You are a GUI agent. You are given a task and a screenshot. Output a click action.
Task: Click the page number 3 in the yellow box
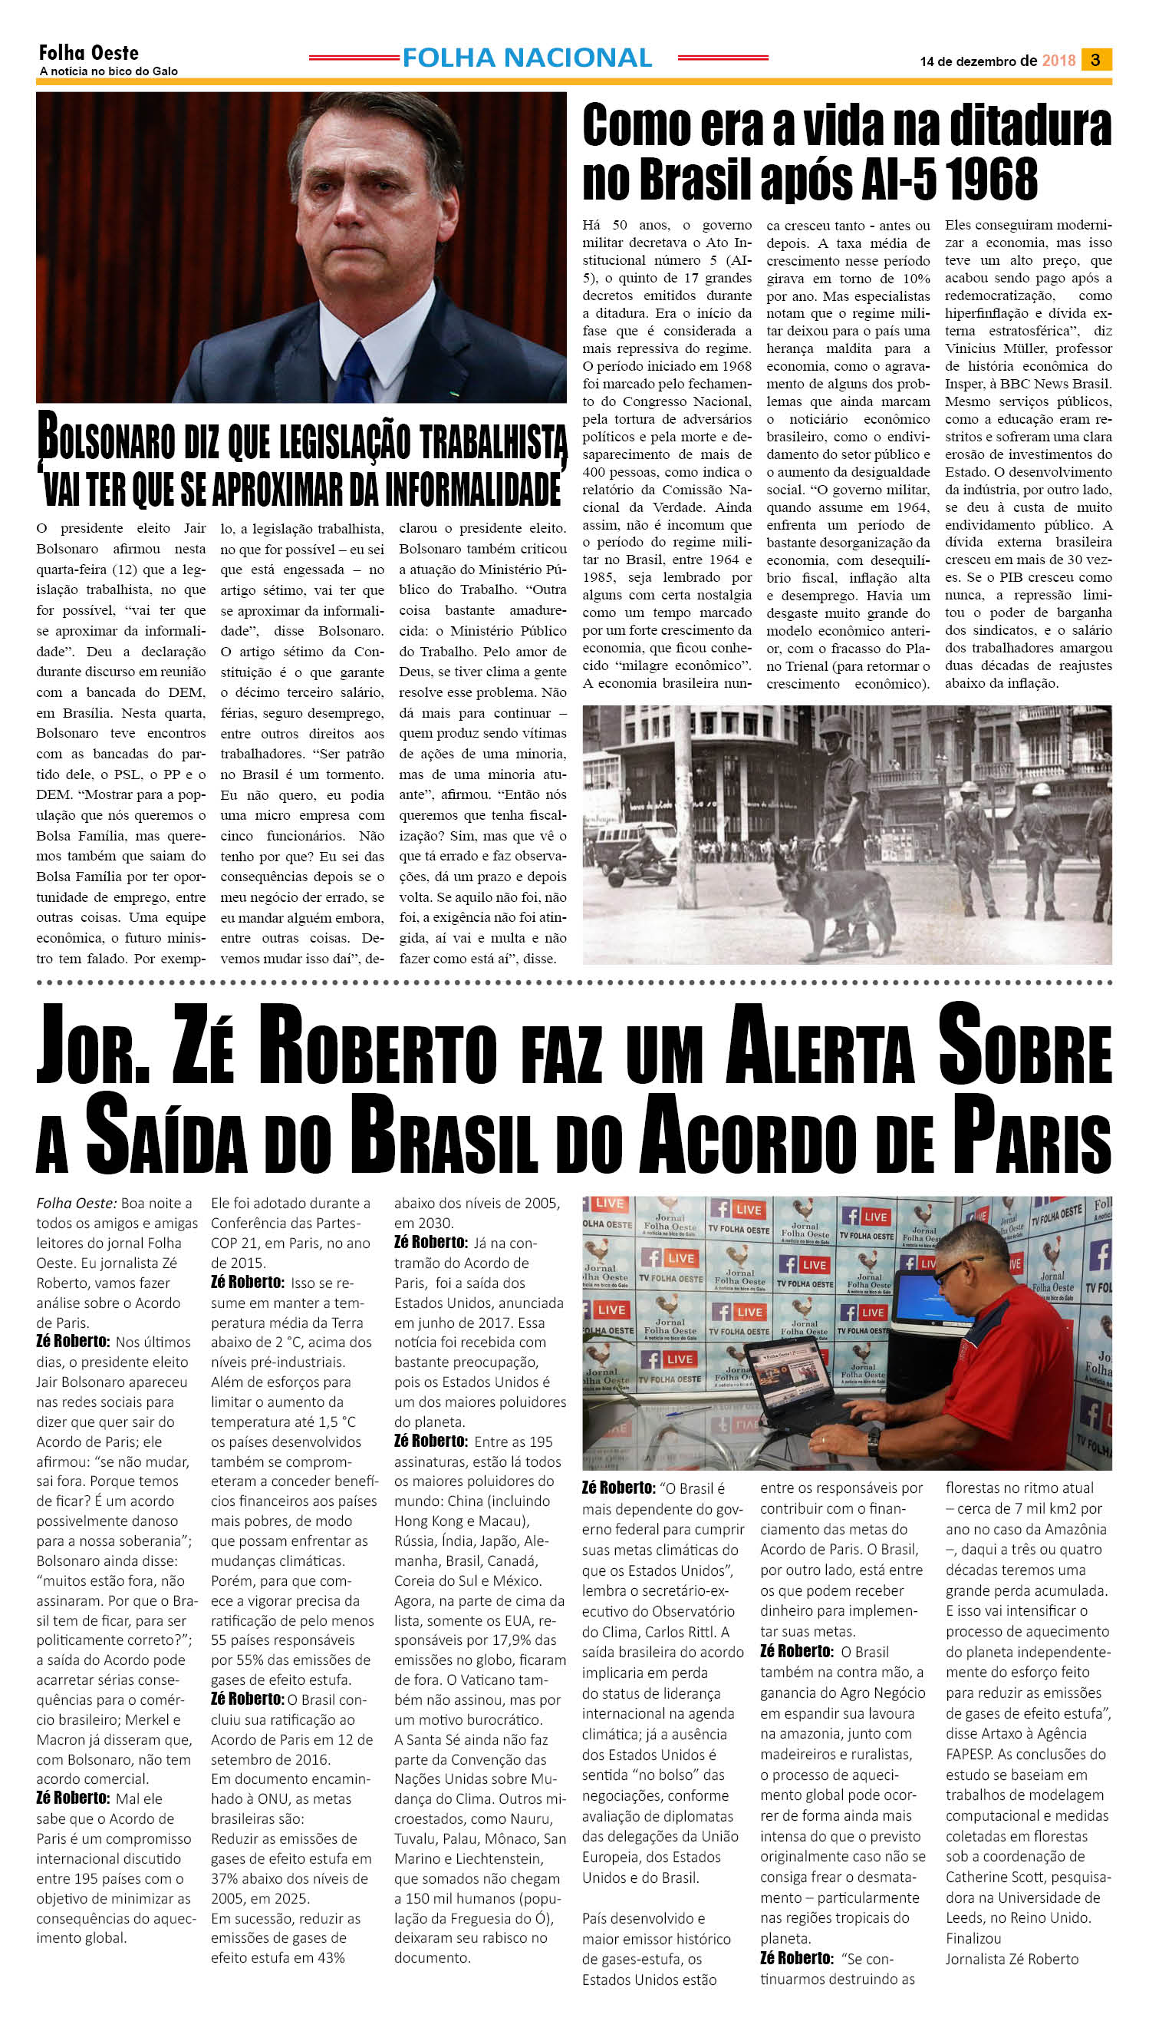click(x=1095, y=60)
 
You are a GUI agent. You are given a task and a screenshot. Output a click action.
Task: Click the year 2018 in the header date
click(x=1058, y=61)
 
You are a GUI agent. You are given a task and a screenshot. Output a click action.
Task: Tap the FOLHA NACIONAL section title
click(x=526, y=58)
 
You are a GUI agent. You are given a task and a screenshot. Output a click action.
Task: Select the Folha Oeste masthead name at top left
click(x=88, y=53)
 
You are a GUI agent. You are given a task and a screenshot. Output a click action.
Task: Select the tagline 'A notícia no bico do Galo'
click(x=108, y=71)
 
